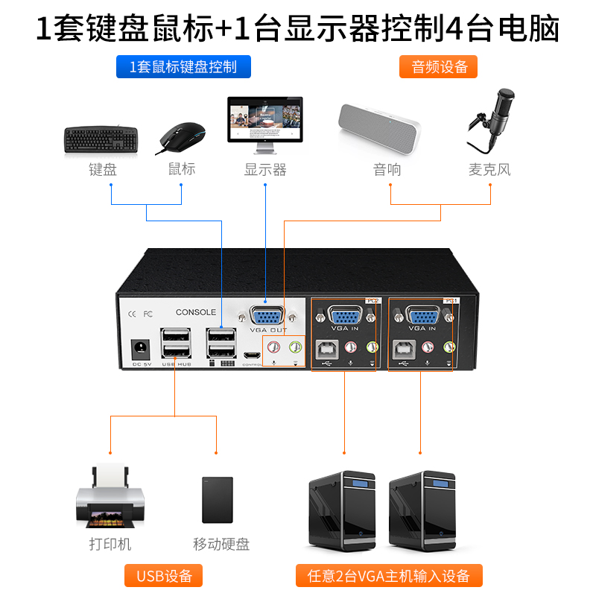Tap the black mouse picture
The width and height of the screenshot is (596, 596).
[x=181, y=138]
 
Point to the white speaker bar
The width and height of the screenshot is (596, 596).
[x=379, y=127]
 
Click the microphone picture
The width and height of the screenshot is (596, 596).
[x=492, y=119]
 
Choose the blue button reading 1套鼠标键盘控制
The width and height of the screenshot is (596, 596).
[x=183, y=67]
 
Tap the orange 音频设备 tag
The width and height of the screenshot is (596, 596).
[x=440, y=67]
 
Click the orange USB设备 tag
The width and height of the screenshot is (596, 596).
[x=164, y=576]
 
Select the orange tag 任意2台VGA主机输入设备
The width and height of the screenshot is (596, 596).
[x=388, y=576]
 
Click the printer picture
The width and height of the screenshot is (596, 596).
[x=109, y=495]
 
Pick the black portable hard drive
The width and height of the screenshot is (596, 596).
[x=218, y=500]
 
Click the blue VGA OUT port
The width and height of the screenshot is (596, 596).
[x=267, y=314]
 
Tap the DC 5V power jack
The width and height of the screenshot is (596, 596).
[x=138, y=349]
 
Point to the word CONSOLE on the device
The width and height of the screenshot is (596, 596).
[x=196, y=312]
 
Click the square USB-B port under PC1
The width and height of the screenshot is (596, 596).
[x=405, y=347]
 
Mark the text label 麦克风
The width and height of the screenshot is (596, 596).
[x=489, y=170]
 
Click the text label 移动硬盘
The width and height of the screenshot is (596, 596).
[x=221, y=544]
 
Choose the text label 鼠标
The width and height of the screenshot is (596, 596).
[x=182, y=169]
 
